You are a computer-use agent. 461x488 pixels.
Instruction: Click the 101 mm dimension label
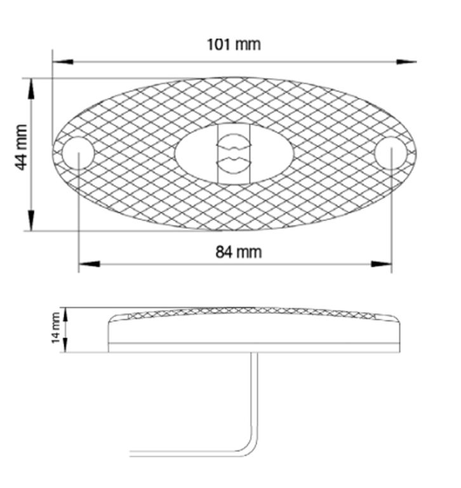(x=234, y=44)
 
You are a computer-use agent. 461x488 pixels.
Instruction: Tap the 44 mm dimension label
(x=21, y=147)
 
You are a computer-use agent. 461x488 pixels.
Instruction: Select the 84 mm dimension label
(x=239, y=252)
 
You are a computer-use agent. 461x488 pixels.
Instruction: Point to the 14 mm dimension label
(x=56, y=328)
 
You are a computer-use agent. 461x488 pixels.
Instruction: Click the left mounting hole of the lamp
(x=78, y=153)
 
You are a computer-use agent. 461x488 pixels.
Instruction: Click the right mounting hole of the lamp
(x=391, y=153)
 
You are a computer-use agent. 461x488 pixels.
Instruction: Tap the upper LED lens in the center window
(x=234, y=142)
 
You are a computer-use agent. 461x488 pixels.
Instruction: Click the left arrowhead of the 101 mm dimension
(x=63, y=62)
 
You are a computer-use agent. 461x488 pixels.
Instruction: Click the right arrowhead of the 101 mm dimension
(x=406, y=62)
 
